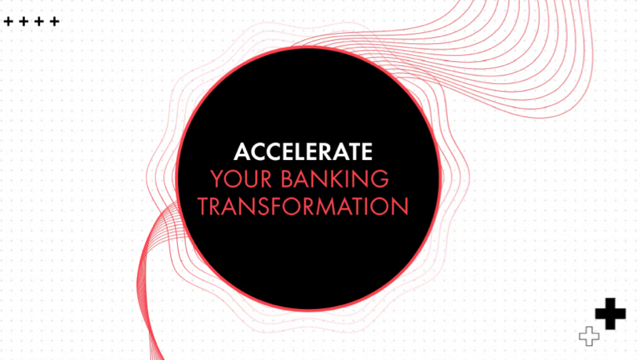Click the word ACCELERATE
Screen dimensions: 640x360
coord(303,152)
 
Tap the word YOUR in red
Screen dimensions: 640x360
coord(242,179)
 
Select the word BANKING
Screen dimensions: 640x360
coord(335,179)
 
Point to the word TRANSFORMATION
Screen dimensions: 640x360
coord(303,206)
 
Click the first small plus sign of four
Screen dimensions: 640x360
coord(8,21)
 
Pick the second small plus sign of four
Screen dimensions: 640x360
coord(24,21)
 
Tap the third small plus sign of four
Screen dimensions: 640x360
coord(38,21)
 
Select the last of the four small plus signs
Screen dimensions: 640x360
coord(54,21)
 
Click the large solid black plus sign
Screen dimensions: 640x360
coord(610,314)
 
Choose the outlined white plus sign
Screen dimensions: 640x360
coord(589,336)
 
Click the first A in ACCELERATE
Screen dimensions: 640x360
coord(242,152)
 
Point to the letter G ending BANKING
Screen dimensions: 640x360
coord(380,179)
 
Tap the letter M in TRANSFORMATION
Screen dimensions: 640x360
coord(323,206)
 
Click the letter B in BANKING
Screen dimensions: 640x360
coord(287,179)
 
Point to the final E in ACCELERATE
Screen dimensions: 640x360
coord(367,152)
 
